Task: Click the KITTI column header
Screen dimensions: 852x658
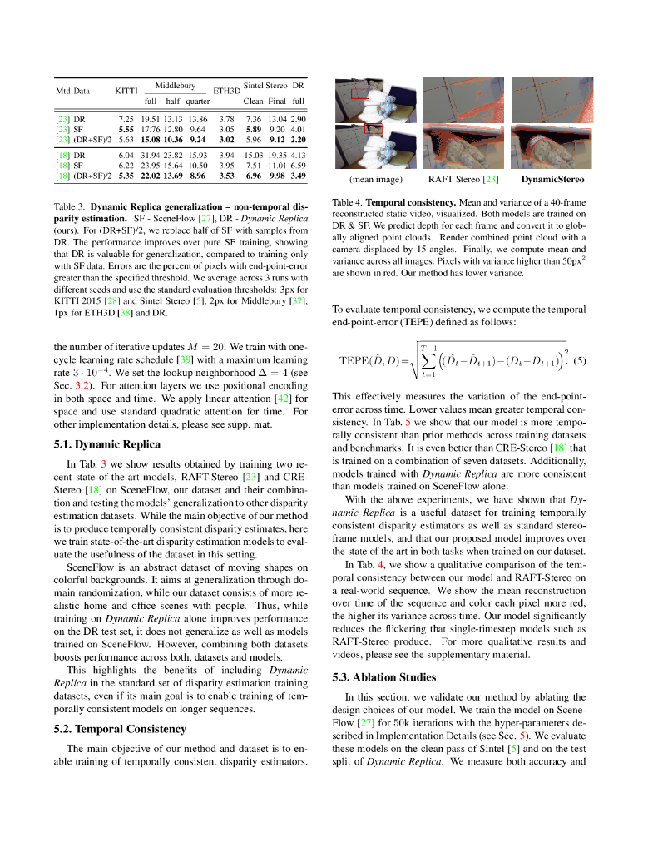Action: point(126,90)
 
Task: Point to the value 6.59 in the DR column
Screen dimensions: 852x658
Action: point(298,166)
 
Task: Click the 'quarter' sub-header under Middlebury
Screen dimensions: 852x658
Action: point(197,101)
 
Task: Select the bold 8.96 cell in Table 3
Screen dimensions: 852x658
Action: point(197,176)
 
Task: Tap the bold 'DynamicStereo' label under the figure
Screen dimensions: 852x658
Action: point(552,179)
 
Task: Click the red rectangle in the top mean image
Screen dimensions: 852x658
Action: point(359,93)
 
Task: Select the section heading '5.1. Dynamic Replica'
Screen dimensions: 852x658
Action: point(106,444)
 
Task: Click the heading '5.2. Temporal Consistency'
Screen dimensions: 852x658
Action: point(120,729)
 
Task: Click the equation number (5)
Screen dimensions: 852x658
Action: point(580,360)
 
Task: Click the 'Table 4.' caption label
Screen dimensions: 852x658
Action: point(347,202)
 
